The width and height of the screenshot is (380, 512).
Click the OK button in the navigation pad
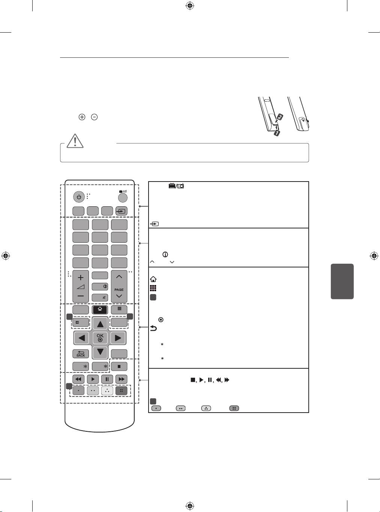[100, 338]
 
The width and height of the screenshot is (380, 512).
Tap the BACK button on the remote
[81, 354]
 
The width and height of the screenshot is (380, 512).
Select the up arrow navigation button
[100, 324]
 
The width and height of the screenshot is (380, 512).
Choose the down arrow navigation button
[100, 352]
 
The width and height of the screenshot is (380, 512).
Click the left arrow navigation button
[81, 338]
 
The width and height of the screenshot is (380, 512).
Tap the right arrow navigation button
[118, 338]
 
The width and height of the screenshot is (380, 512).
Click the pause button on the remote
[107, 379]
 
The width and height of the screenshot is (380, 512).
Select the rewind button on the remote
[78, 379]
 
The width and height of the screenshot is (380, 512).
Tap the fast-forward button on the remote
[121, 379]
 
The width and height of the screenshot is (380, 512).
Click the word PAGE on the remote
[119, 290]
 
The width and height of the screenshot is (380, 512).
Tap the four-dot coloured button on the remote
[122, 390]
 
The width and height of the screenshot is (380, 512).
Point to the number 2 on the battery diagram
[279, 117]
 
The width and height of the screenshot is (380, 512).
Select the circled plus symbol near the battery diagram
[82, 117]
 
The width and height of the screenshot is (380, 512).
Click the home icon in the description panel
[153, 279]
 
